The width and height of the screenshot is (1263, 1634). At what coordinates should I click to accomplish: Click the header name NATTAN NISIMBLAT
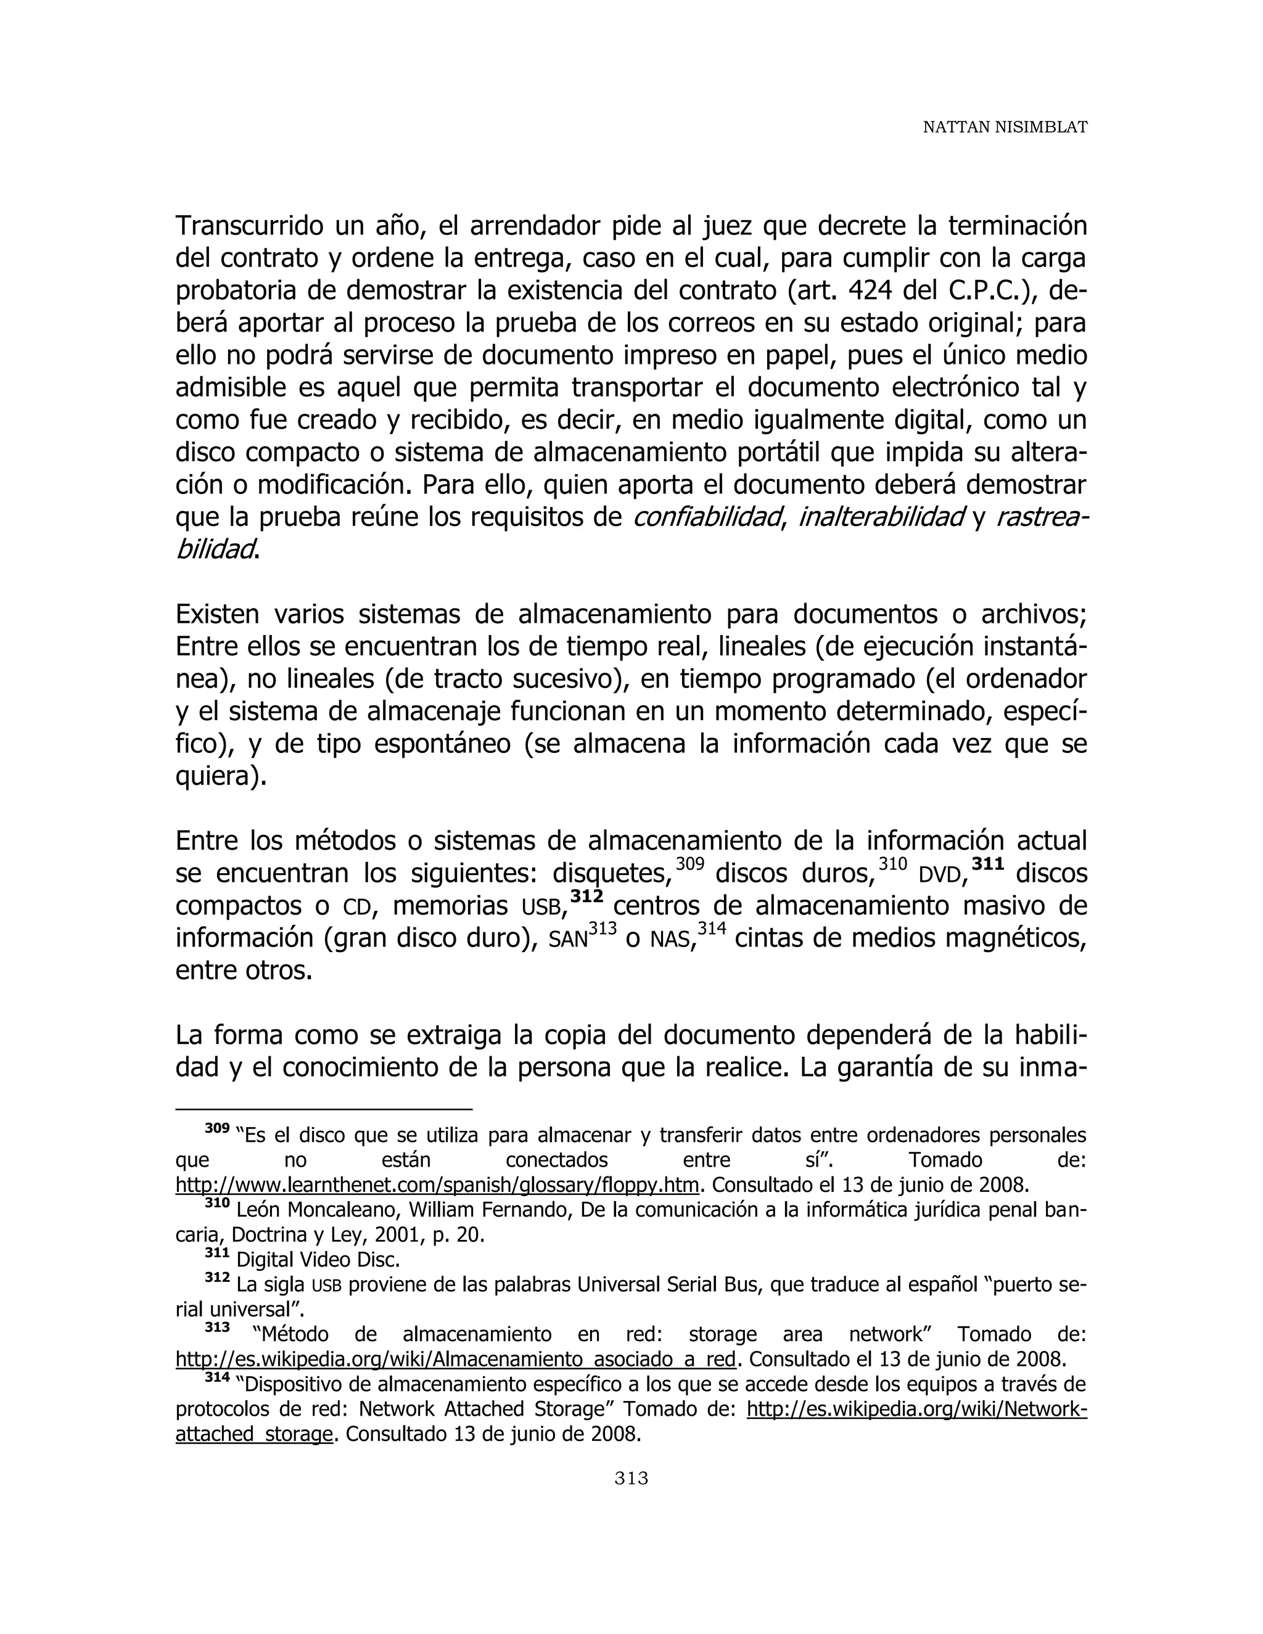pyautogui.click(x=1004, y=127)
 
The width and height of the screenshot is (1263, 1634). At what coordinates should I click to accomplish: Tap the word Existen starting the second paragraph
pyautogui.click(x=218, y=614)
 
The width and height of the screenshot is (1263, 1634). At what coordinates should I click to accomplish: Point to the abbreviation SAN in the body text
pyautogui.click(x=568, y=940)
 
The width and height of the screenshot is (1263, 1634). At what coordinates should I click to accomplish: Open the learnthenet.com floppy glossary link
pyautogui.click(x=437, y=1185)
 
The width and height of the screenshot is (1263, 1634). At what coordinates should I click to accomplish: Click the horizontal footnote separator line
pyautogui.click(x=323, y=1109)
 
